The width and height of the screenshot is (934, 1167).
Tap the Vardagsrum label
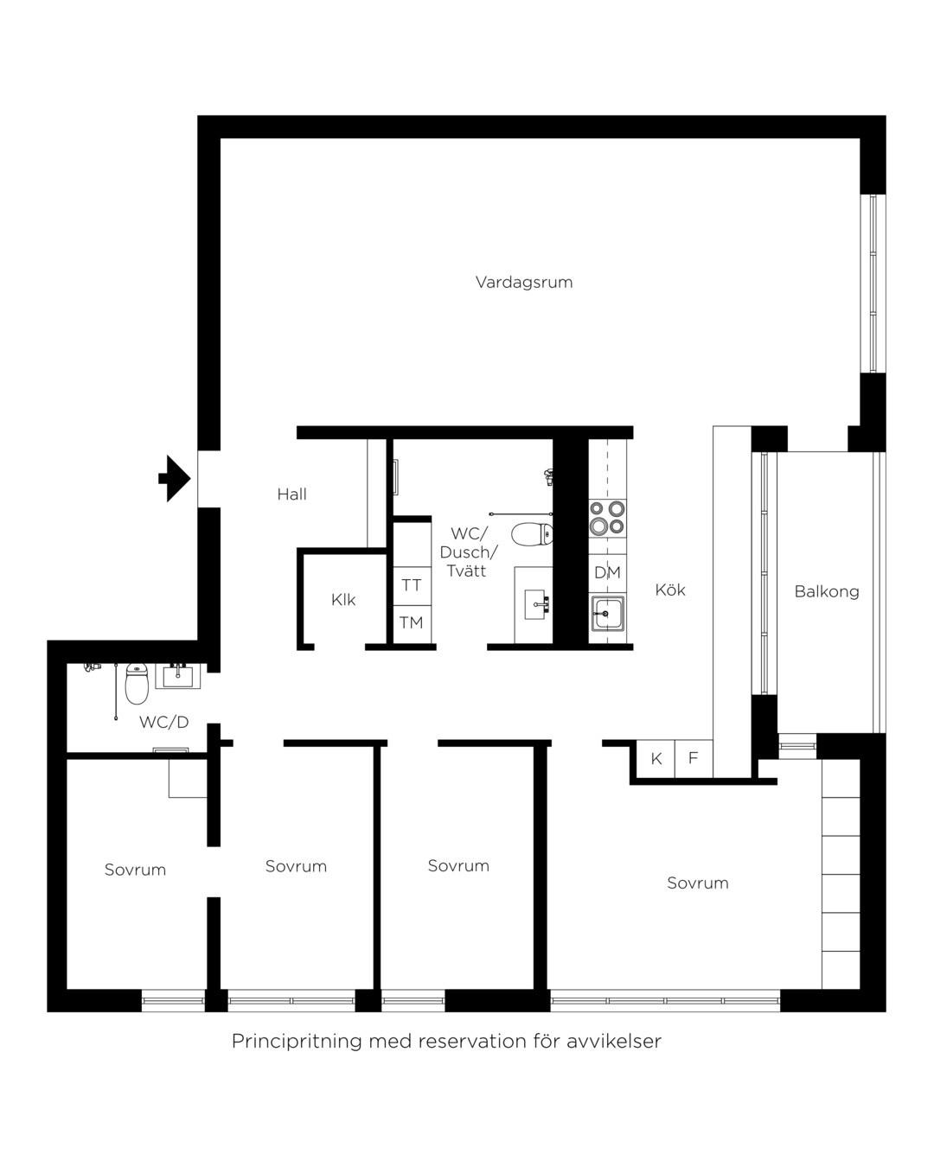524,283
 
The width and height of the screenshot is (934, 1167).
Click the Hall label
292,494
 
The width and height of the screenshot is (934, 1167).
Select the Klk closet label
343,599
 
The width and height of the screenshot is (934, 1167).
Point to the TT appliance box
412,586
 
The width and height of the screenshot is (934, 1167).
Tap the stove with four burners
607,518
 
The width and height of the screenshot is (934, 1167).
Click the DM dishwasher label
607,572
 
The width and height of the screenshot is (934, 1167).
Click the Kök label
670,590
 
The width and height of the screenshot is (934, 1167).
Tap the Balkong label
827,591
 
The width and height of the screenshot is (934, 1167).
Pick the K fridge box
656,758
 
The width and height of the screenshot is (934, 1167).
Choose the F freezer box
694,758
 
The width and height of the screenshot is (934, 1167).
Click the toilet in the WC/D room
137,683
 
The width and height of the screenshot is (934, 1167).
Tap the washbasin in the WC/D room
178,676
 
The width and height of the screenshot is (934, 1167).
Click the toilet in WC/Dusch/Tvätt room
533,534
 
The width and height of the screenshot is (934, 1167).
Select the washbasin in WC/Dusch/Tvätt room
536,604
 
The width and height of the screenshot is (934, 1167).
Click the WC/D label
164,722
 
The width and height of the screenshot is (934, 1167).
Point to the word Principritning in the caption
297,1042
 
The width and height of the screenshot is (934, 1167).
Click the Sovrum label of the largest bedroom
697,883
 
